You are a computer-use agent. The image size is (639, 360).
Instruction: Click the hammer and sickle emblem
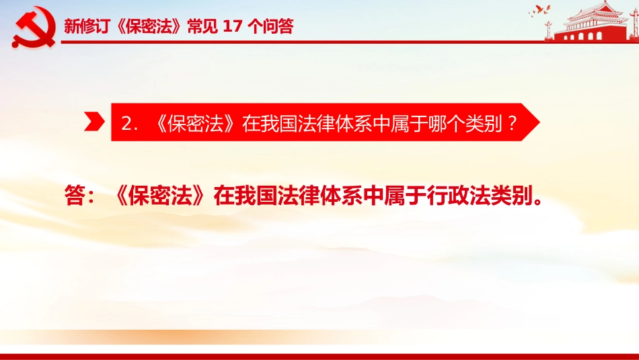pos(34,28)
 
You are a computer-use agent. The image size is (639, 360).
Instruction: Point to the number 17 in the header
pos(233,26)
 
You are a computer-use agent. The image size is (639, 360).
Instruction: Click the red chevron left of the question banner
pos(94,122)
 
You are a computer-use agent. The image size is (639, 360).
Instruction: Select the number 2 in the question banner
pos(126,123)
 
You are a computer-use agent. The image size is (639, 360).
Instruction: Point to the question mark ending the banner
pos(513,122)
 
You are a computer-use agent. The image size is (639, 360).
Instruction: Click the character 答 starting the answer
pos(75,195)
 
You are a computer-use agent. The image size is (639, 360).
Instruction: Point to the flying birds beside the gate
pos(539,11)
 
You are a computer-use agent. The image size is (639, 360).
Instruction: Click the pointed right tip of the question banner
pos(539,122)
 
